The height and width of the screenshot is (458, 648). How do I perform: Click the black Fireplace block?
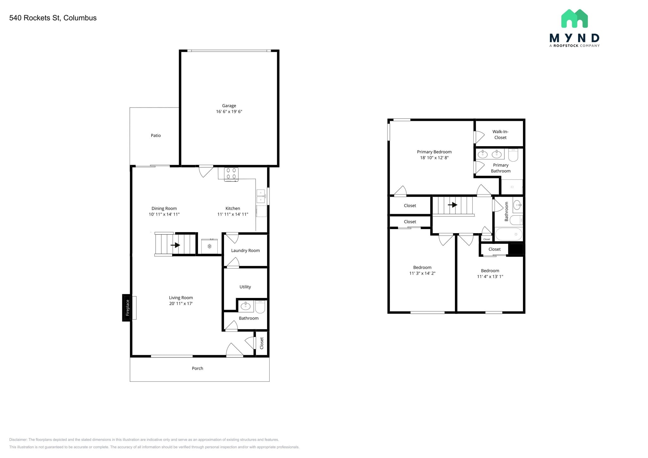(127, 308)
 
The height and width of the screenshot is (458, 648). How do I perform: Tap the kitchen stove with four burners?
(231, 174)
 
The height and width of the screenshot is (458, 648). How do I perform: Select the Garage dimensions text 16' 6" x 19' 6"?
(229, 111)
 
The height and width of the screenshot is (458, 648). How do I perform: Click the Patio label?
(156, 135)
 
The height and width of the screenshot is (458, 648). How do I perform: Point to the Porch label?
(197, 368)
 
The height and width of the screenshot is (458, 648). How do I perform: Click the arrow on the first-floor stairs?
(175, 245)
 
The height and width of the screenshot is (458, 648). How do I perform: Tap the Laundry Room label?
(245, 251)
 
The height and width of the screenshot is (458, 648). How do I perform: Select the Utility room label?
(245, 287)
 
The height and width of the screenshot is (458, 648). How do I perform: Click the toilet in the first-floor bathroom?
(260, 306)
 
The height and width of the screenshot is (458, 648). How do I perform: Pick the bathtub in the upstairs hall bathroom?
(509, 234)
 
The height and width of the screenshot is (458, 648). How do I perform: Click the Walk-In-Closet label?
(500, 134)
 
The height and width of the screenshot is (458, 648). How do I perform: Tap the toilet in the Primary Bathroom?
(513, 155)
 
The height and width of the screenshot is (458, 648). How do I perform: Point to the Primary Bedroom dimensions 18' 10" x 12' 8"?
(434, 158)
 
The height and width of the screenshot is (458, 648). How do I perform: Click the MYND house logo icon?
(574, 18)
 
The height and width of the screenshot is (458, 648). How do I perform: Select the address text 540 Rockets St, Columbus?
(53, 18)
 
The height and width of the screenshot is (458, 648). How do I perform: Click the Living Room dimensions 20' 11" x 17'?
(181, 303)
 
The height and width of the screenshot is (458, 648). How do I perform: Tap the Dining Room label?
(164, 208)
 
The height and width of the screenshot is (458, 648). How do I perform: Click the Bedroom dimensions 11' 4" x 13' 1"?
(490, 276)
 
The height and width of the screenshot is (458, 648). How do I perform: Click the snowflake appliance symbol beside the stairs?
(209, 246)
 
